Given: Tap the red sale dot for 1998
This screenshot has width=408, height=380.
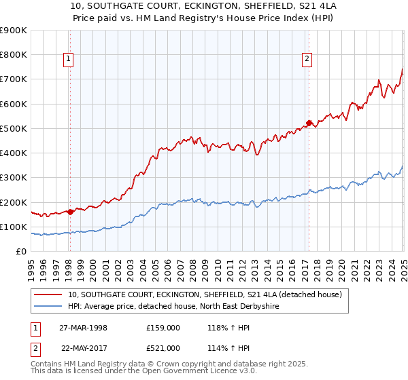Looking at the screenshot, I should click(x=71, y=211).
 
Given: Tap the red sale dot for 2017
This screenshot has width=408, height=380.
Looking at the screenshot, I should click(x=309, y=123).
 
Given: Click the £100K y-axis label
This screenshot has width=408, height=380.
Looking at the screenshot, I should click(x=14, y=227).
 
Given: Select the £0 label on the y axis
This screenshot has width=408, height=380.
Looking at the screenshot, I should click(x=21, y=252).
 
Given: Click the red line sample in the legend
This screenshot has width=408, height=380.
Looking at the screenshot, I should click(x=49, y=294).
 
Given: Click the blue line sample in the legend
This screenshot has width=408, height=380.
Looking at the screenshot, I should click(x=49, y=307).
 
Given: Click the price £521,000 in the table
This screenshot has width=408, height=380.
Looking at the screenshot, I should click(x=163, y=348).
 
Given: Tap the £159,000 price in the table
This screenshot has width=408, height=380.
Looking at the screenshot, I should click(x=163, y=328).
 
